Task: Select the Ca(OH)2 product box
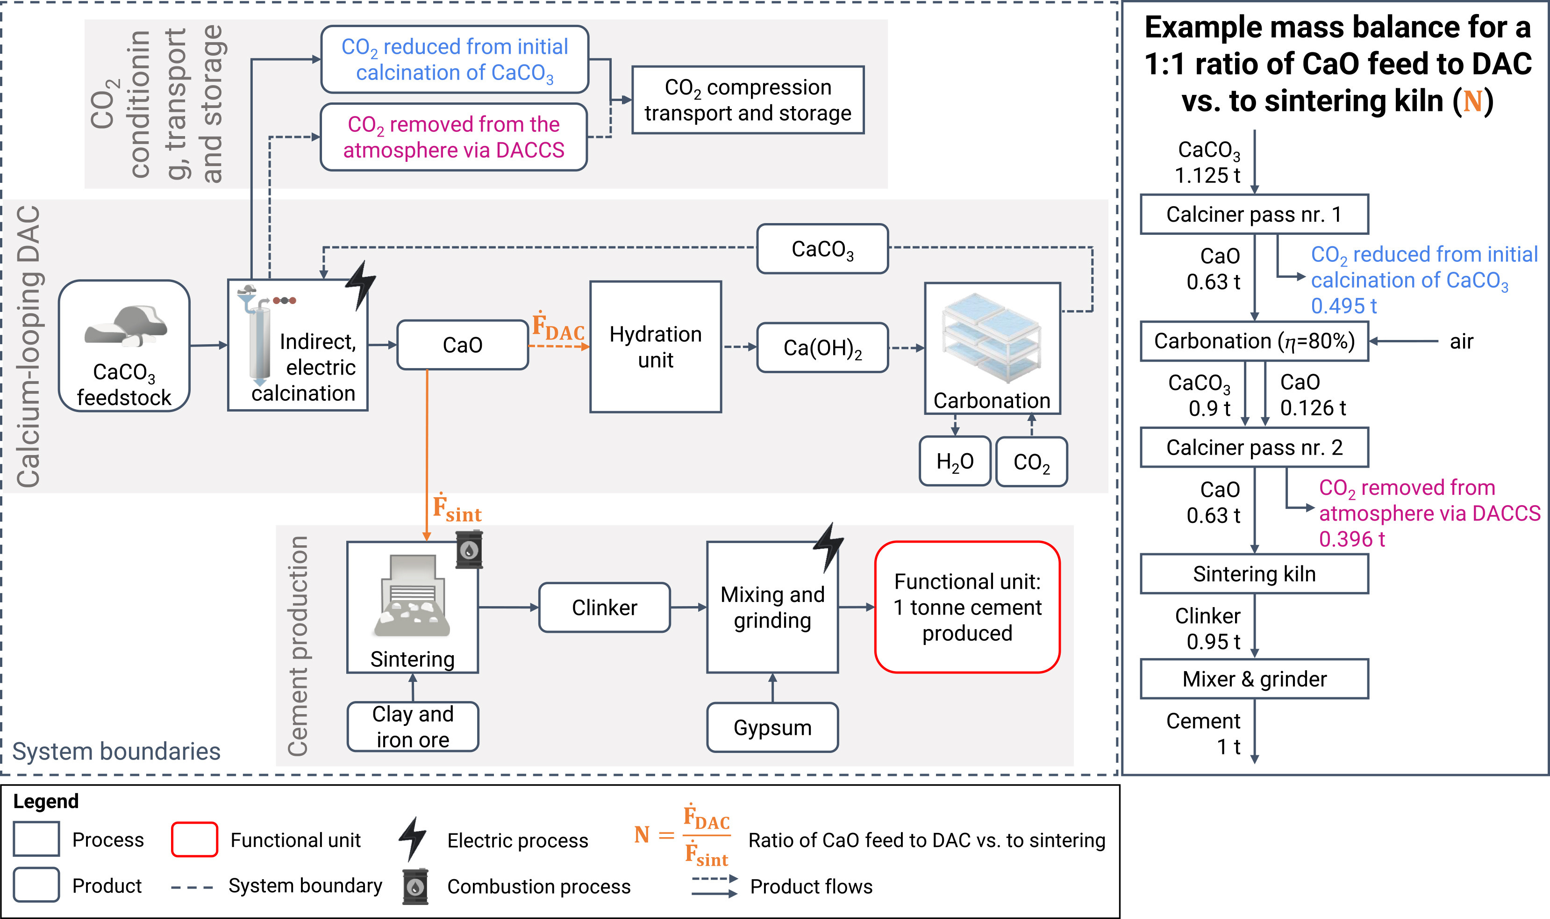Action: [822, 347]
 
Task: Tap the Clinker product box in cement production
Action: [605, 608]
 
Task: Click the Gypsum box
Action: [772, 728]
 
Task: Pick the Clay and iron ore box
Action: [413, 726]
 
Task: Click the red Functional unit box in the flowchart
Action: [967, 607]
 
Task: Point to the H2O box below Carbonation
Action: [955, 461]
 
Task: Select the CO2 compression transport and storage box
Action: [748, 101]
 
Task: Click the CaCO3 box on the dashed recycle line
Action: [822, 249]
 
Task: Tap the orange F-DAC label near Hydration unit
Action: [558, 326]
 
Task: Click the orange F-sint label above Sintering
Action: [457, 508]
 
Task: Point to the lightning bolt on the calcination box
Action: [360, 285]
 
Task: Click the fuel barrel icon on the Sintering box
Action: [469, 549]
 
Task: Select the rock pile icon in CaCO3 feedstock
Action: [126, 325]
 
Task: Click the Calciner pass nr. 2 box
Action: [1254, 447]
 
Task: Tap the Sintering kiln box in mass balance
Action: [1254, 574]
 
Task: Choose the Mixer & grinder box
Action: [1254, 680]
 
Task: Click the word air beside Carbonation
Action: [1462, 341]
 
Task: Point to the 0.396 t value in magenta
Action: [1351, 539]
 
